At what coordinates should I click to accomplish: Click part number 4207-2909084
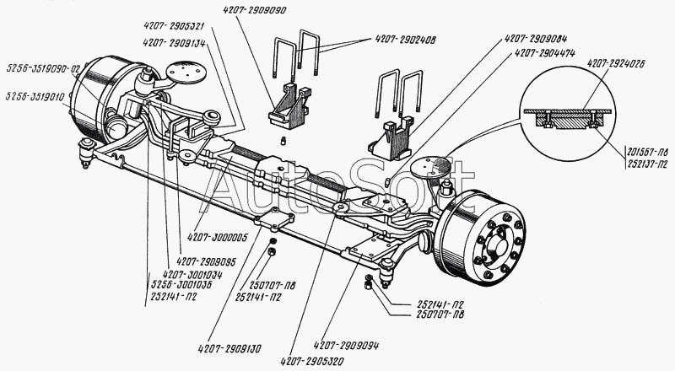pos(536,38)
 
